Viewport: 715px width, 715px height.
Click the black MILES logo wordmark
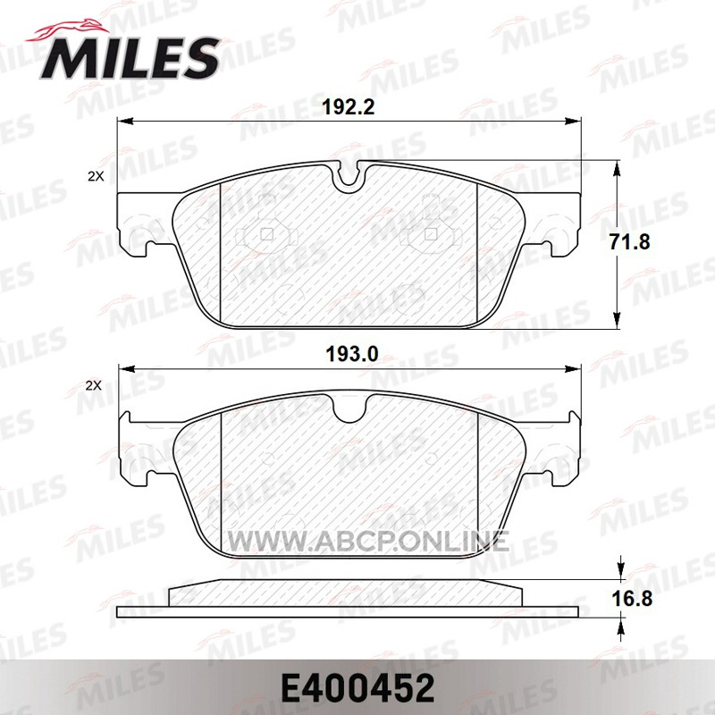[130, 59]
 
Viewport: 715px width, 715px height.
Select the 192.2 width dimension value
[349, 107]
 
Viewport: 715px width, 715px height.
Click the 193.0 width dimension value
[351, 354]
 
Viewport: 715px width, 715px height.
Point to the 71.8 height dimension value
[630, 241]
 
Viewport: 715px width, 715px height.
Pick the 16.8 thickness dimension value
[632, 598]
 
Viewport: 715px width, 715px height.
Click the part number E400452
[358, 689]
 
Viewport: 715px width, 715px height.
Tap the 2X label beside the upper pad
[96, 177]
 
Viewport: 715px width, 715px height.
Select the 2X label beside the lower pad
[94, 386]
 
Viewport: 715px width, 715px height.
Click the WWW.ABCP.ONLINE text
[368, 542]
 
